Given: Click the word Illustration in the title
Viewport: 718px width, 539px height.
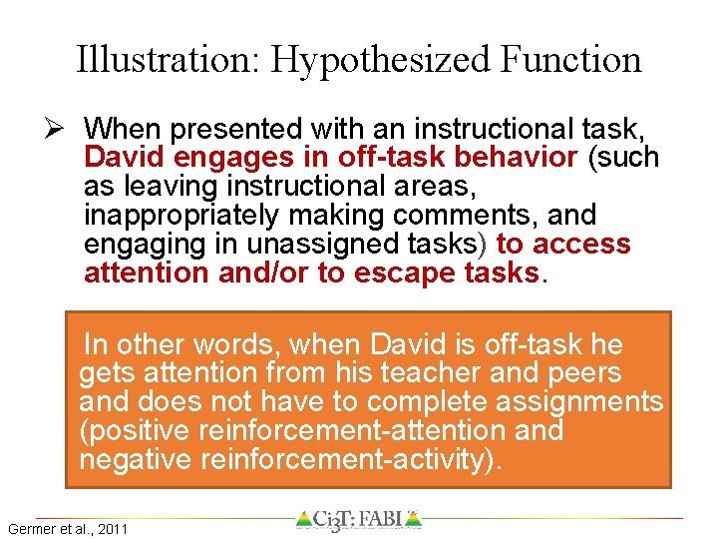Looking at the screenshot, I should click(167, 60).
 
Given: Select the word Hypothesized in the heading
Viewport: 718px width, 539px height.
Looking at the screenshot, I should click(382, 60).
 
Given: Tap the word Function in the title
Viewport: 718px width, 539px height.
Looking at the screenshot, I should click(571, 60).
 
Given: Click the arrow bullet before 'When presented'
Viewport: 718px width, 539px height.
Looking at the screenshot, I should click(61, 129).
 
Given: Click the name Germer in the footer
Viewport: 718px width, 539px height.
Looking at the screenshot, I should click(31, 528).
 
